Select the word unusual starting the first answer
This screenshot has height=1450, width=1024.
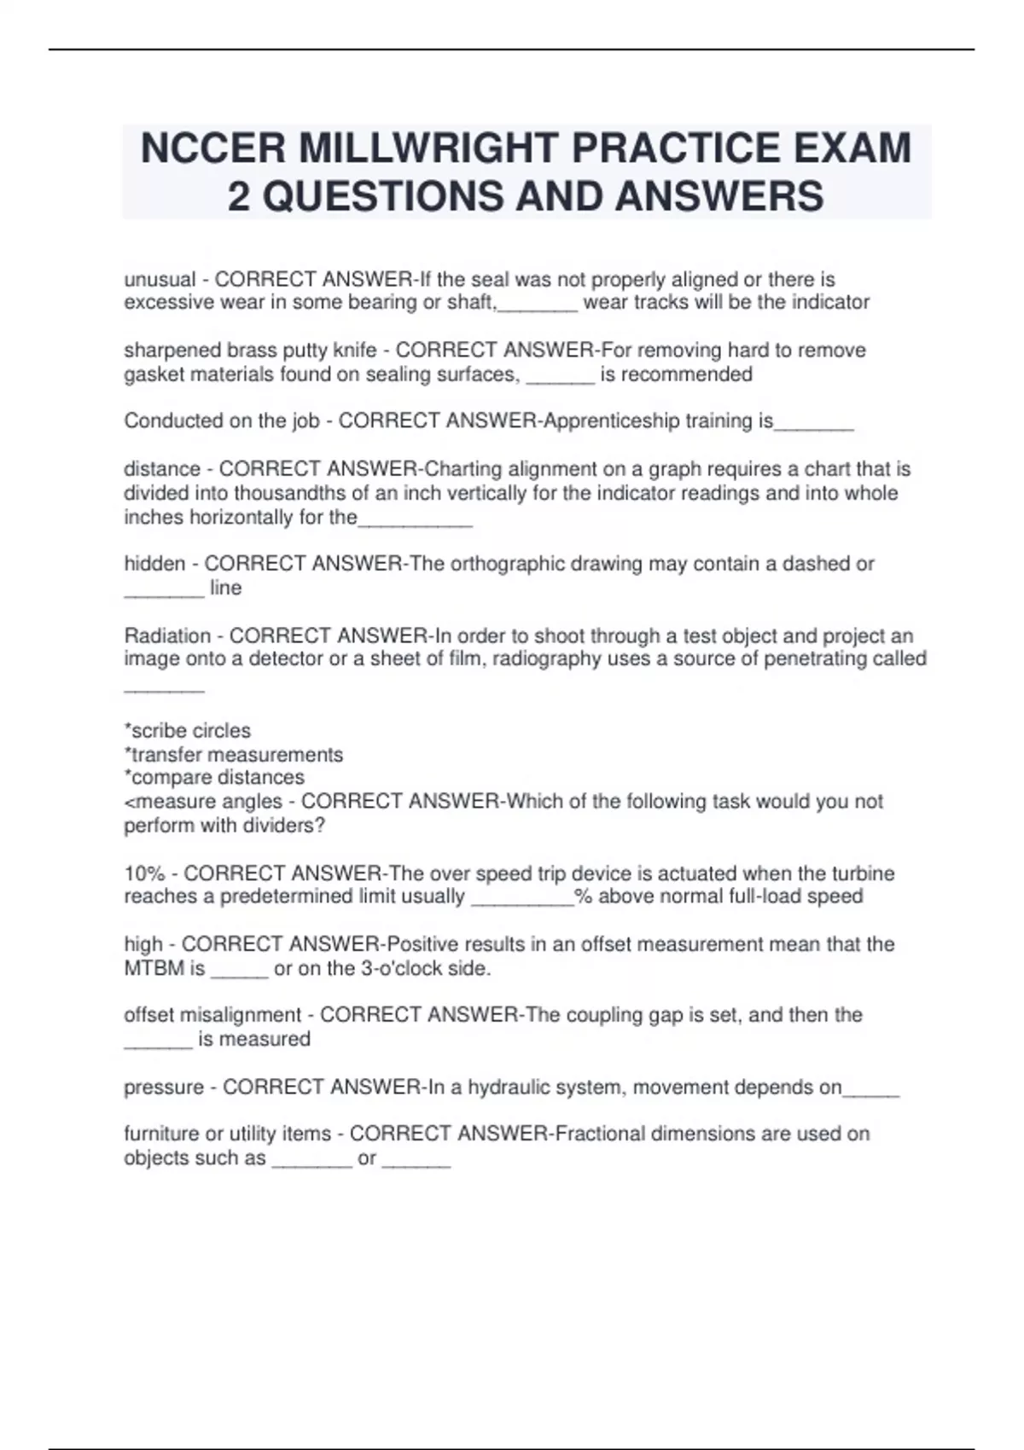[160, 280]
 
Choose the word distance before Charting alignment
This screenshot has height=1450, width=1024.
[162, 469]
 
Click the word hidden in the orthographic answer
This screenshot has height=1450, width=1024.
[154, 564]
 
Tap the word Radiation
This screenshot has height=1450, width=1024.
[167, 636]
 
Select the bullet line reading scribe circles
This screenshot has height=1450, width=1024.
[188, 731]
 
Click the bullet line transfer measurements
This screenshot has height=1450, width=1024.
[234, 755]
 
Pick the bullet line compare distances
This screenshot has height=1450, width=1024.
[214, 778]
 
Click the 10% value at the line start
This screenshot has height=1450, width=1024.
[143, 873]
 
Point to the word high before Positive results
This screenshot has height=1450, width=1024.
[143, 944]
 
